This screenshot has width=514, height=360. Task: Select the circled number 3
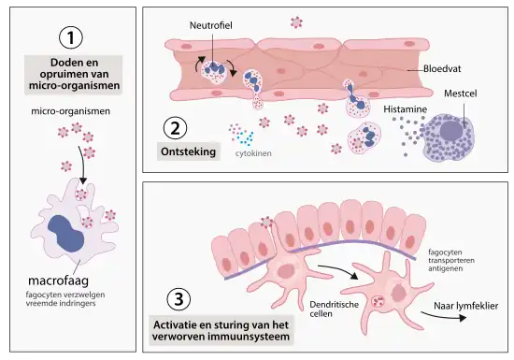point(178,300)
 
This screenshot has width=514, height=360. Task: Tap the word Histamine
point(406,110)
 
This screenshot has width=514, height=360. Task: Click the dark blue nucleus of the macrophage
point(68,235)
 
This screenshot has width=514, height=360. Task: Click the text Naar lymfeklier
point(467,306)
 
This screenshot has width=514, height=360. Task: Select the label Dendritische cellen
point(333,310)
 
